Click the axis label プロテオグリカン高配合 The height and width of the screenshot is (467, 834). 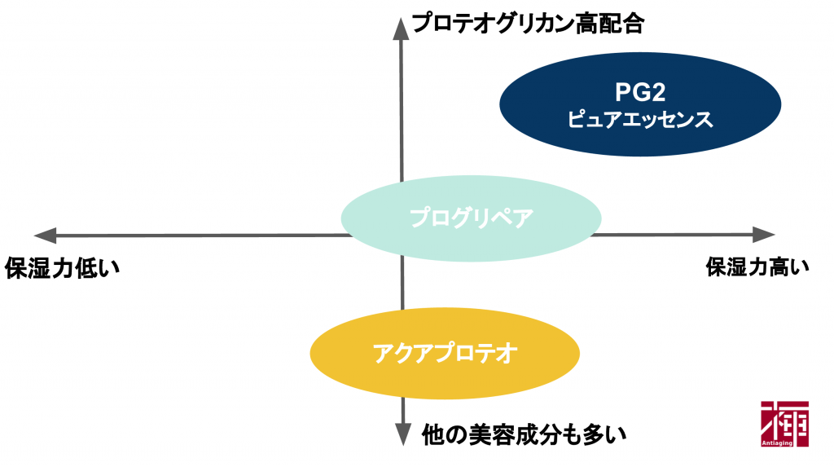[x=529, y=24]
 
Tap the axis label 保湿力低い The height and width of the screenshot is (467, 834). [x=62, y=267]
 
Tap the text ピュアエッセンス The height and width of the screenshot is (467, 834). [x=640, y=120]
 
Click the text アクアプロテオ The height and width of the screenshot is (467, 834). [x=445, y=353]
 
